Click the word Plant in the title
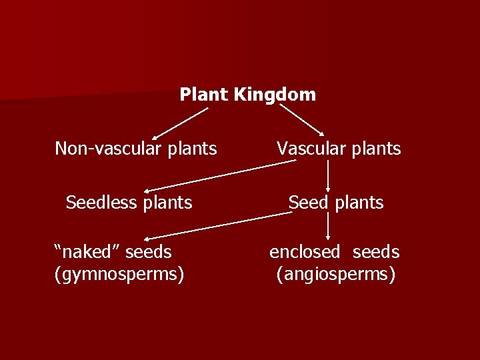click(x=204, y=95)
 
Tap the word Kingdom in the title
click(x=275, y=95)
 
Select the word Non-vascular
click(x=106, y=148)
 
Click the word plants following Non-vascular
click(x=189, y=149)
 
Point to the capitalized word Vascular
click(x=308, y=148)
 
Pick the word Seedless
click(x=99, y=202)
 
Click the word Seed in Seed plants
click(x=309, y=202)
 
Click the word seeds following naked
click(x=148, y=252)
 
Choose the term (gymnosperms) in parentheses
click(x=119, y=274)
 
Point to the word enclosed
click(x=305, y=252)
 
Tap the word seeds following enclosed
click(x=376, y=252)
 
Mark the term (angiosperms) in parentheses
click(x=336, y=274)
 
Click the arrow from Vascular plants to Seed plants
click(x=329, y=176)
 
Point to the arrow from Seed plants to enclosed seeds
click(x=329, y=227)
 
